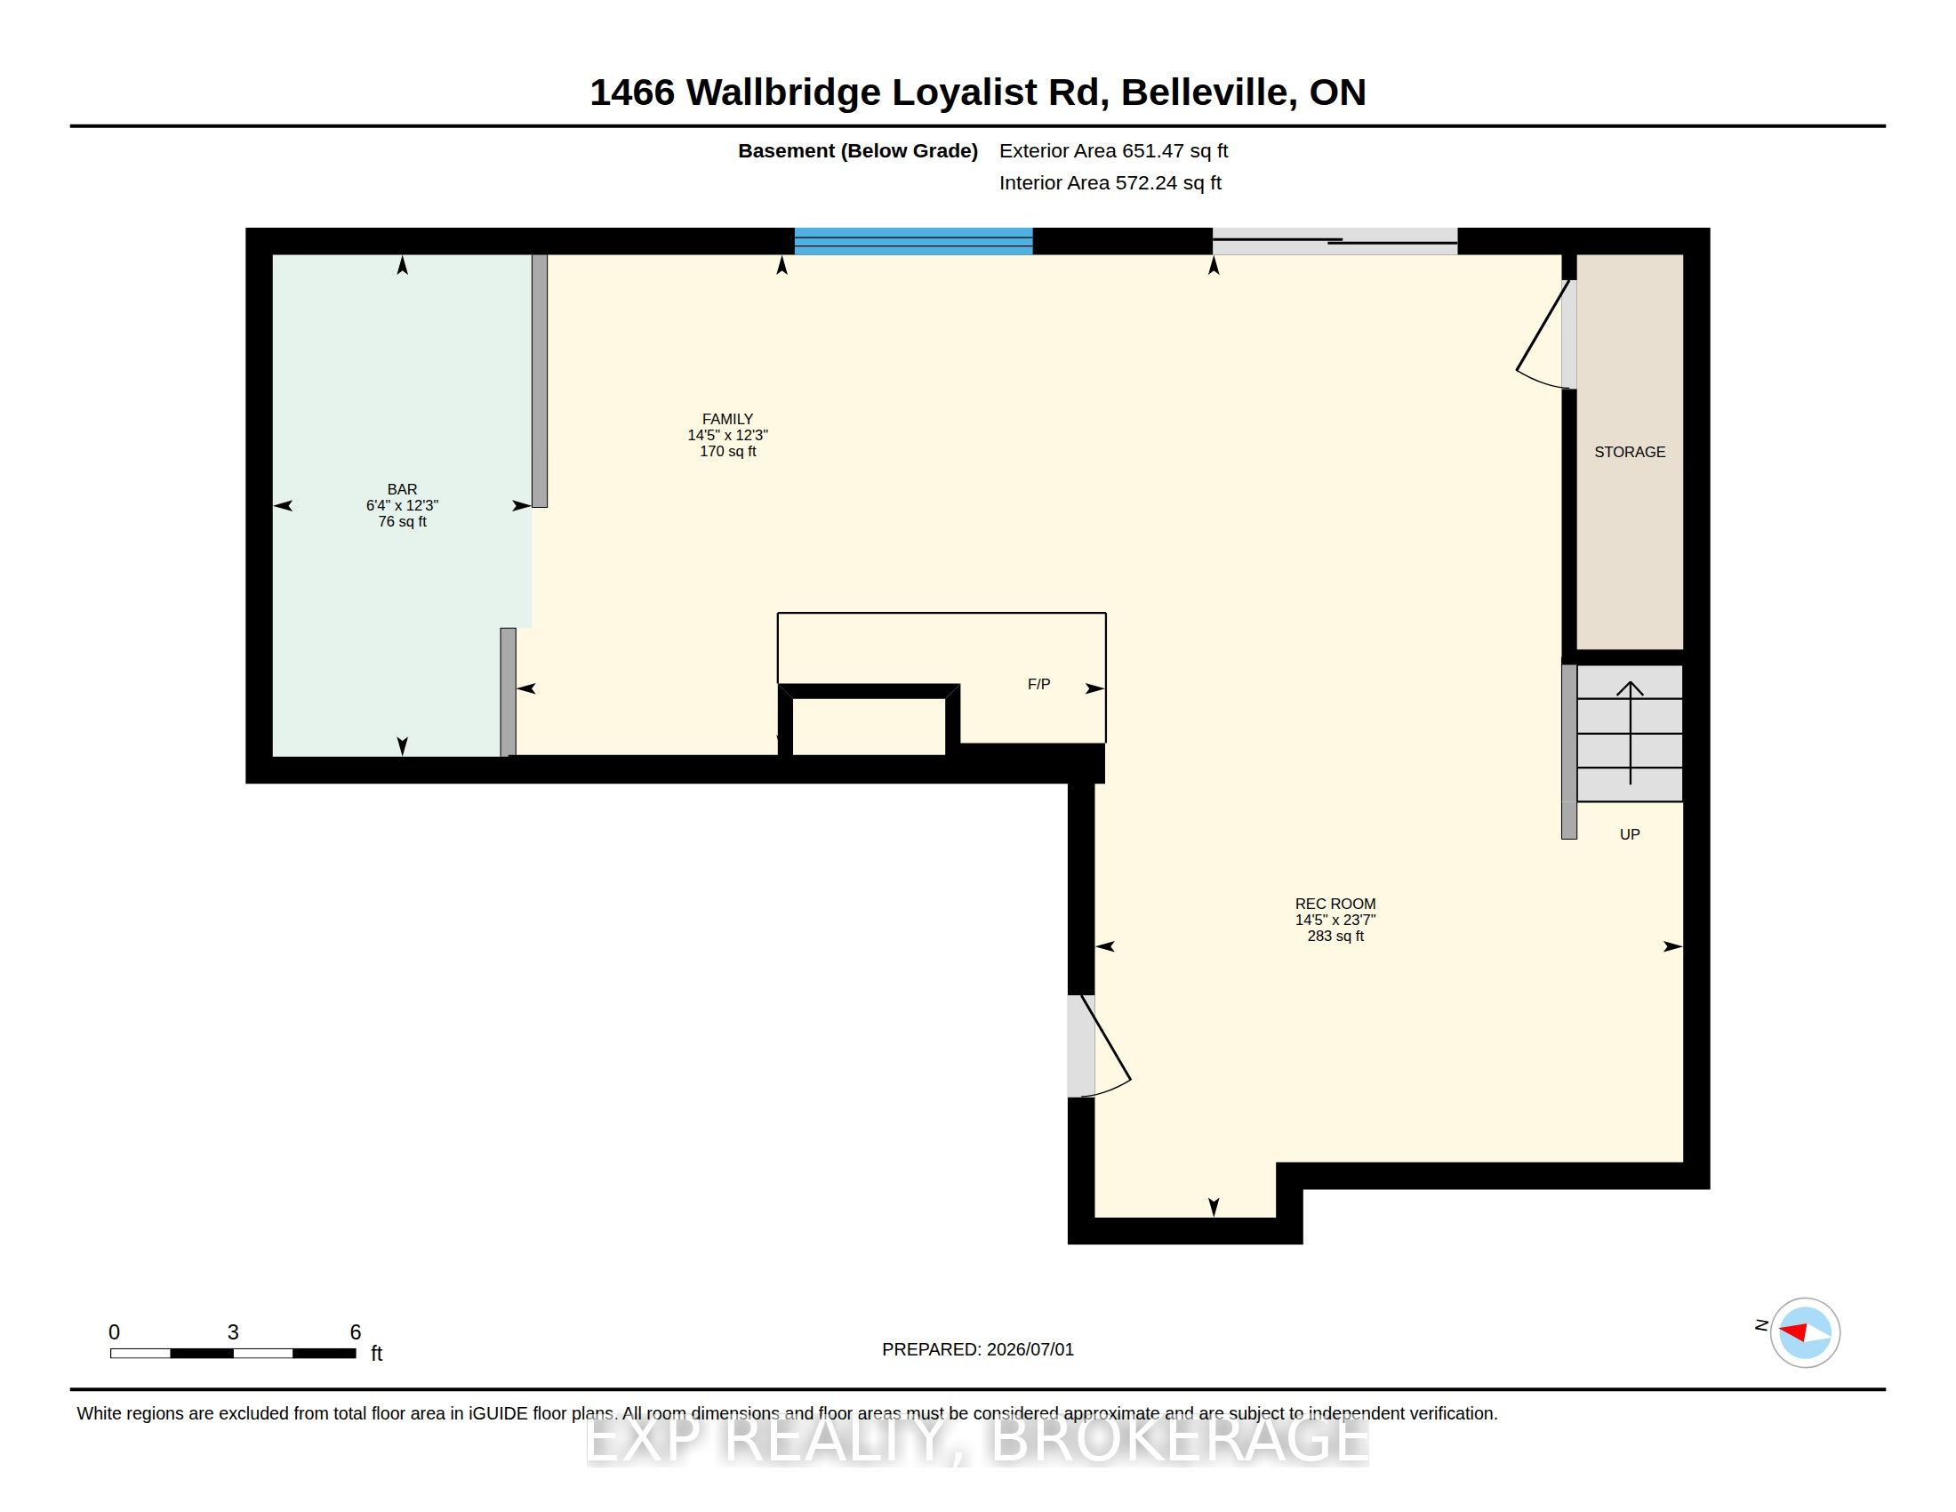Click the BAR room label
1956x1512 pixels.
click(402, 489)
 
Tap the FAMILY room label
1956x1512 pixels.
click(727, 419)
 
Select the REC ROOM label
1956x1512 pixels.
click(1335, 904)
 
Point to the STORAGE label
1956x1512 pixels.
click(1629, 453)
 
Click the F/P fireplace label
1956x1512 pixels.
click(1038, 684)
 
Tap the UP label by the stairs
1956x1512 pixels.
click(1629, 834)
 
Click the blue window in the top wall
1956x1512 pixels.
click(913, 241)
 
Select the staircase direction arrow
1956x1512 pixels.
click(1630, 733)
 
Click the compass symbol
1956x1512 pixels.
click(1805, 1332)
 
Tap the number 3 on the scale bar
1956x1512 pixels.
click(233, 1332)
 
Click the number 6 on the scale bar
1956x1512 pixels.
click(356, 1332)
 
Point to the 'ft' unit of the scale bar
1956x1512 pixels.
click(377, 1354)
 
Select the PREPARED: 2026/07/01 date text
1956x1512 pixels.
click(977, 1349)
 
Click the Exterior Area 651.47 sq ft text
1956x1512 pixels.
click(1113, 151)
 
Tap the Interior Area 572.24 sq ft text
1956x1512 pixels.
click(1110, 183)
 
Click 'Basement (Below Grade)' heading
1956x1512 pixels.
click(857, 151)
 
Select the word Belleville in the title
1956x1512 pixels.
click(1205, 93)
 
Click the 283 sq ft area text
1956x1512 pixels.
click(1335, 936)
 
